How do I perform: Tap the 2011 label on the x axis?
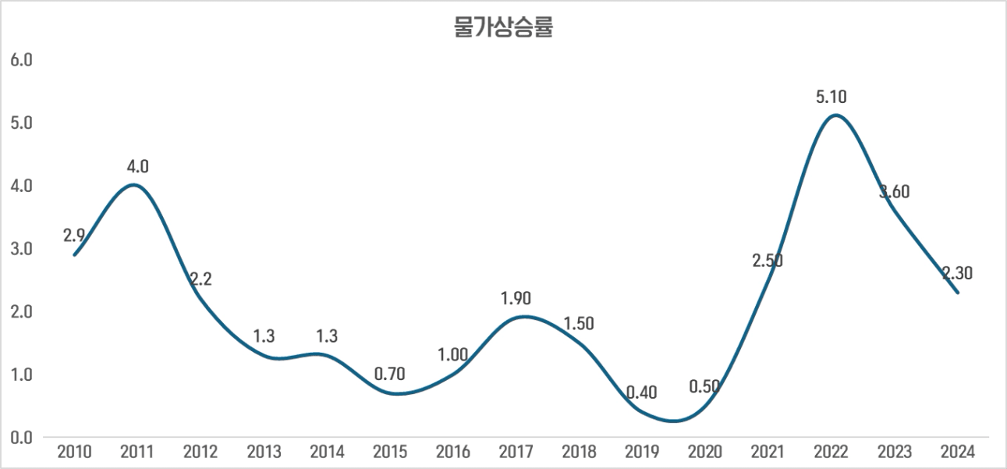click(x=137, y=452)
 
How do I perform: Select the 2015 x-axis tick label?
click(x=389, y=452)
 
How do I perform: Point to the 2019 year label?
click(x=642, y=452)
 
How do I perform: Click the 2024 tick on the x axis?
click(x=957, y=452)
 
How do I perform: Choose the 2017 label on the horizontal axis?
click(x=516, y=452)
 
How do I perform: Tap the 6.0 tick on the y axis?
click(x=21, y=60)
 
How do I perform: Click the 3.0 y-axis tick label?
click(x=21, y=249)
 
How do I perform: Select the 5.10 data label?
click(x=831, y=98)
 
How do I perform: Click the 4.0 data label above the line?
click(x=138, y=166)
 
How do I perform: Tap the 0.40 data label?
click(x=641, y=393)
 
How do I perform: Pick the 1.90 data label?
click(x=516, y=298)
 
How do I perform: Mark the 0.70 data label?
click(x=389, y=374)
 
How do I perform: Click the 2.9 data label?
click(x=75, y=236)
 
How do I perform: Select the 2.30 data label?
click(x=956, y=273)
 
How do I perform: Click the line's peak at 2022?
click(x=835, y=115)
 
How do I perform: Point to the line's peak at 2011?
click(x=134, y=185)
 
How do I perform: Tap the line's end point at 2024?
click(x=957, y=293)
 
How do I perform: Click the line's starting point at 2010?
click(x=75, y=254)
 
